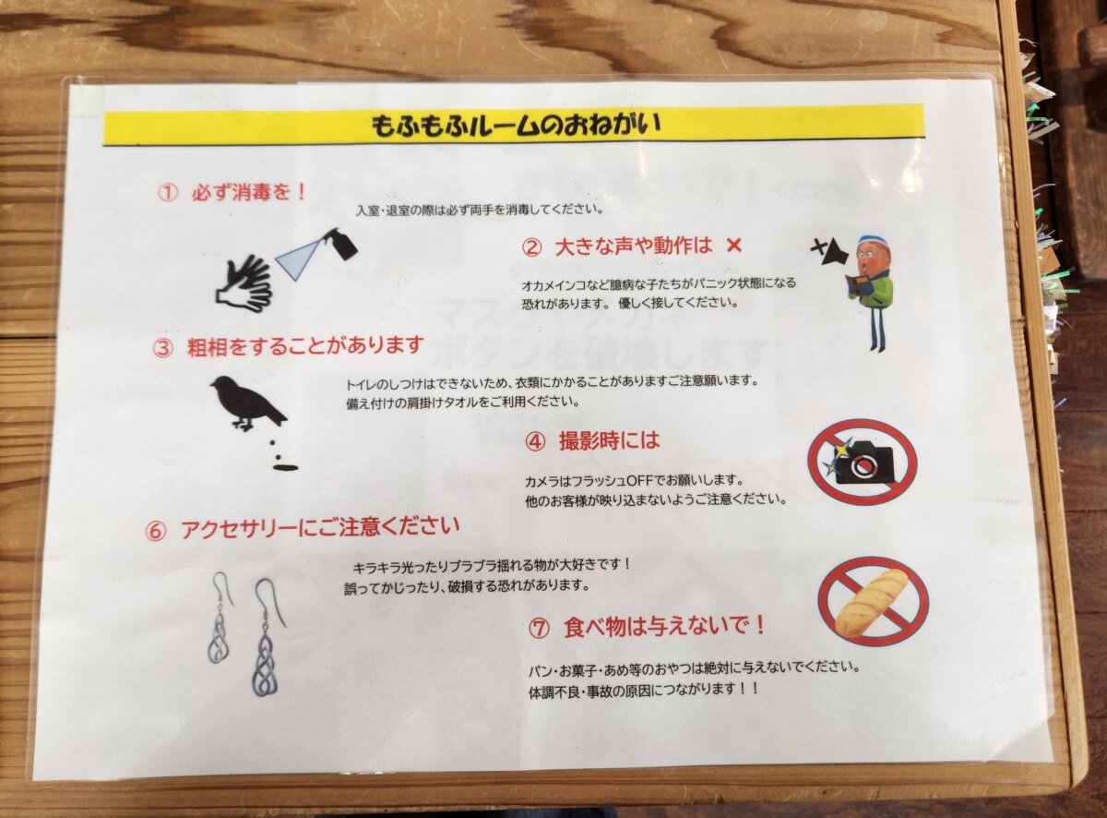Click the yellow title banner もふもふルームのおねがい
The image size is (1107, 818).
[x=514, y=125]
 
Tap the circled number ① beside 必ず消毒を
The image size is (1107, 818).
[x=168, y=192]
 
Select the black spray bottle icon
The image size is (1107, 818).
[x=341, y=245]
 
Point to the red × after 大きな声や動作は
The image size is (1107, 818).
[x=733, y=246]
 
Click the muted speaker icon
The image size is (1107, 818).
[x=829, y=253]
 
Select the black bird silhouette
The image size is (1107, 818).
[x=248, y=403]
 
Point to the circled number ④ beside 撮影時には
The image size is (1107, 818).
[x=536, y=441]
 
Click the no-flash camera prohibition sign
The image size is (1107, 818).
[x=862, y=462]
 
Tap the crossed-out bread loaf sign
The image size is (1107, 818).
[x=873, y=601]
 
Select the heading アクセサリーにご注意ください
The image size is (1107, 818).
[x=320, y=528]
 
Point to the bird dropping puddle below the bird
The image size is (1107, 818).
[x=285, y=468]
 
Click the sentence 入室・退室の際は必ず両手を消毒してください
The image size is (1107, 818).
[x=479, y=210]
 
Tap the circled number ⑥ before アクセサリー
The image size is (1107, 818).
[x=155, y=531]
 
